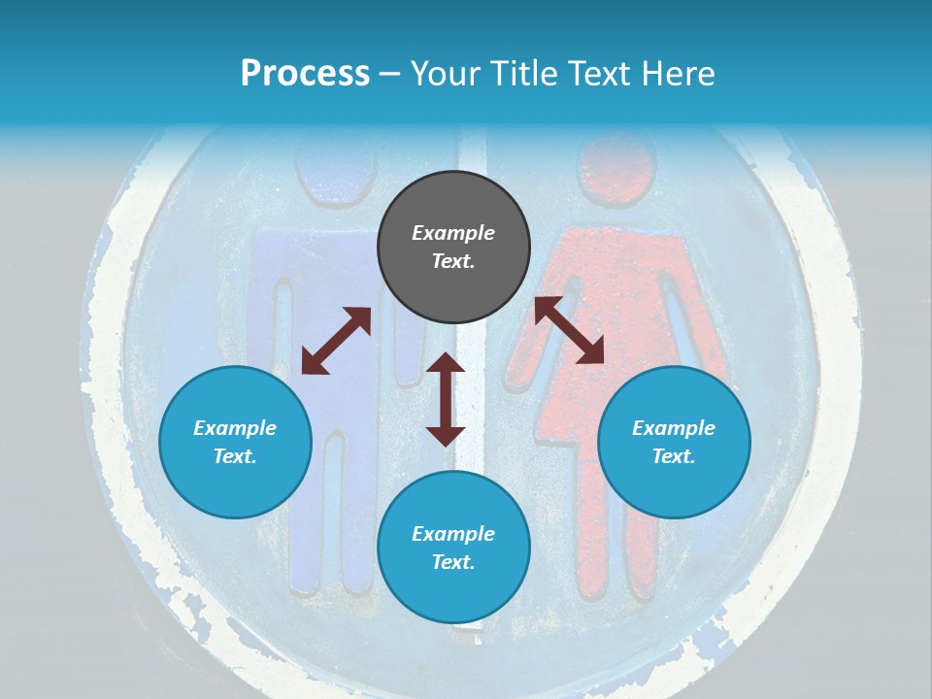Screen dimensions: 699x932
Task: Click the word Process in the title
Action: (x=305, y=74)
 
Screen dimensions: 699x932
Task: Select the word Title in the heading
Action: (x=522, y=74)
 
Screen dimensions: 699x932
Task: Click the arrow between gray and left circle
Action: (x=336, y=341)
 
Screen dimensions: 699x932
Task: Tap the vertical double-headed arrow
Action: (x=446, y=399)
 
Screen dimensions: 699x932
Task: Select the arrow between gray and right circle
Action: (x=570, y=330)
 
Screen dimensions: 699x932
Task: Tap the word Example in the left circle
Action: (x=235, y=428)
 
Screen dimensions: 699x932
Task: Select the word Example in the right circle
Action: (x=674, y=428)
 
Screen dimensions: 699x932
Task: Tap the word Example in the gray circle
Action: (x=453, y=233)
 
